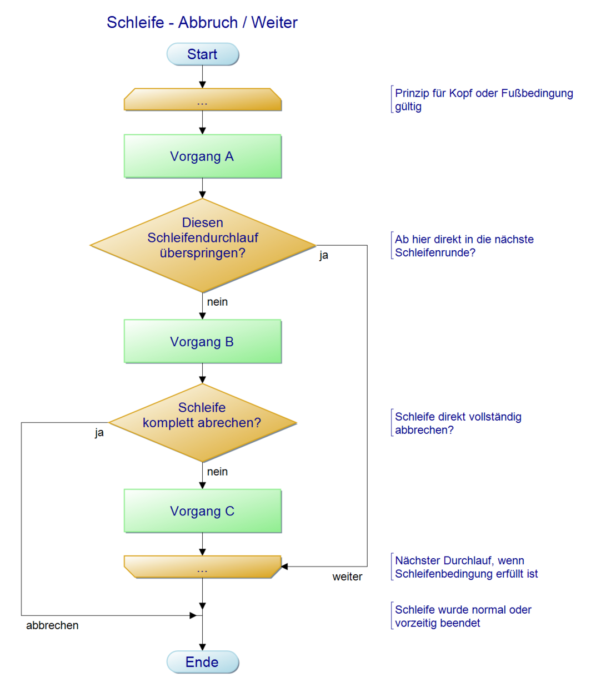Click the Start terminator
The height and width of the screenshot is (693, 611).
click(203, 54)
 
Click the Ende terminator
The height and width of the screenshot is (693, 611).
click(203, 662)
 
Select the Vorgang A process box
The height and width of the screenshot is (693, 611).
click(203, 156)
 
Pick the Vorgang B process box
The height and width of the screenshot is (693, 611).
click(203, 342)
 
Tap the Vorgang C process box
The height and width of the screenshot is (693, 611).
click(203, 511)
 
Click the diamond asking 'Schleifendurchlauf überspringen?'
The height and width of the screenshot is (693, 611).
click(203, 245)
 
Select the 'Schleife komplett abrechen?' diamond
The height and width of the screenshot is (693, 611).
click(203, 423)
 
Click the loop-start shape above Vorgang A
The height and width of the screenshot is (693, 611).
click(203, 100)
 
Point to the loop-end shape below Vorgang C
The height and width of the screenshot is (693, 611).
click(203, 567)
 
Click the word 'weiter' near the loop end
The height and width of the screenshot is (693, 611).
click(347, 577)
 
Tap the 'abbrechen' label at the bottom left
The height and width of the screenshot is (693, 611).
click(52, 625)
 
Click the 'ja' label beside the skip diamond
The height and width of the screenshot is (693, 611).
click(324, 255)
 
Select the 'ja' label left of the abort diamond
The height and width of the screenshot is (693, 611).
click(99, 433)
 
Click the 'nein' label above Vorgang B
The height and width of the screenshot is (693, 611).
click(217, 302)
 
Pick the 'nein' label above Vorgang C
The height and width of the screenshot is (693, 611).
click(217, 472)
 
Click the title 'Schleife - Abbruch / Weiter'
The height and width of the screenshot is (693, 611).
click(202, 23)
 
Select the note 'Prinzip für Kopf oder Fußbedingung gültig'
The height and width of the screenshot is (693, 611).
click(483, 100)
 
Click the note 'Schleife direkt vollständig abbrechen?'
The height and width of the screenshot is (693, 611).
click(458, 423)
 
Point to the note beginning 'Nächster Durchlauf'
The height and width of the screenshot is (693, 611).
click(466, 567)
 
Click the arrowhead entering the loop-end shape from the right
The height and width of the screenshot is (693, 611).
click(284, 566)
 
